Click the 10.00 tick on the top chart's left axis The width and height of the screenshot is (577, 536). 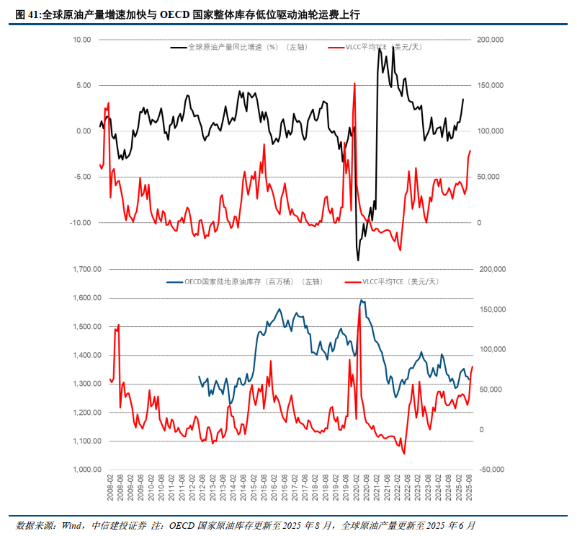tap(81, 40)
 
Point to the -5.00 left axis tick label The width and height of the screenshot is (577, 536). tap(81, 177)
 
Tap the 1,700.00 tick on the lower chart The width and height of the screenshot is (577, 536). tap(87, 270)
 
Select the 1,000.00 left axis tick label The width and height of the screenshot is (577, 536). tap(87, 470)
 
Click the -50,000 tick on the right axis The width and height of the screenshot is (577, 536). tap(492, 470)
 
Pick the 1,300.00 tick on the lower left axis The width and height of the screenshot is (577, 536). tap(87, 384)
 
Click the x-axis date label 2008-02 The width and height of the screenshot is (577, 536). tap(110, 488)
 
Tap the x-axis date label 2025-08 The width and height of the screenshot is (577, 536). tap(469, 488)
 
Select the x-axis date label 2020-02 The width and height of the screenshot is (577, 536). tap(356, 488)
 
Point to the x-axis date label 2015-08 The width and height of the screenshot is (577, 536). tap(264, 488)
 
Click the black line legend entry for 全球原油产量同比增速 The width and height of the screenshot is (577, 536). tap(239, 47)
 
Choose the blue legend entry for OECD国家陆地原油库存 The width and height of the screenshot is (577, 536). tap(245, 282)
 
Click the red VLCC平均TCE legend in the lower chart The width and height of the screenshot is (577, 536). tap(392, 282)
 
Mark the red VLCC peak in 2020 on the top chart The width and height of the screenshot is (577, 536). tap(354, 83)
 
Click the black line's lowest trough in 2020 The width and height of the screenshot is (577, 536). tap(358, 260)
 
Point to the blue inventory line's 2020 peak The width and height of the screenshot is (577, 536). tap(362, 300)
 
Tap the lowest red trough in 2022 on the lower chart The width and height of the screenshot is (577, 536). tap(404, 454)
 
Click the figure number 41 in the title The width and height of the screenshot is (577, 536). tap(32, 14)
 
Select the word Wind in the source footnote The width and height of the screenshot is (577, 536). tap(72, 525)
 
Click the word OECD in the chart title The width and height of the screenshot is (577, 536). tap(175, 14)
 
